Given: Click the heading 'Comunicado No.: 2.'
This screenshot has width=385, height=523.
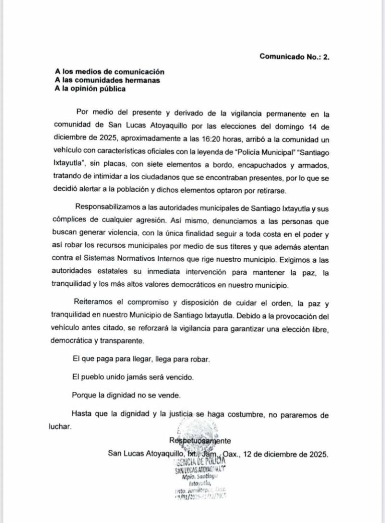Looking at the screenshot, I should coord(294,57).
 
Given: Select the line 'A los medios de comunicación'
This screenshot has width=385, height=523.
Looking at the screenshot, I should coord(110,72).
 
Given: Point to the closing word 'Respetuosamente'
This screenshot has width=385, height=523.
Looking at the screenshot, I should coord(200,441).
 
